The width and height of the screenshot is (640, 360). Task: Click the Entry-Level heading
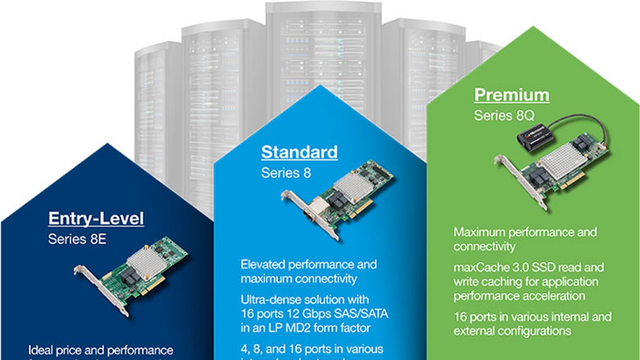[96, 218]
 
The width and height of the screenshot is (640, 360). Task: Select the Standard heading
[299, 152]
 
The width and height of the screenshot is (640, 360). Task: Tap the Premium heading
[512, 95]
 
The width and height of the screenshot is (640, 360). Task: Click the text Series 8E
[77, 239]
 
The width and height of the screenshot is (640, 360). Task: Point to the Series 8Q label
[504, 116]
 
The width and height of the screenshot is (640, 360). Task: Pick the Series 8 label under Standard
[286, 173]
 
